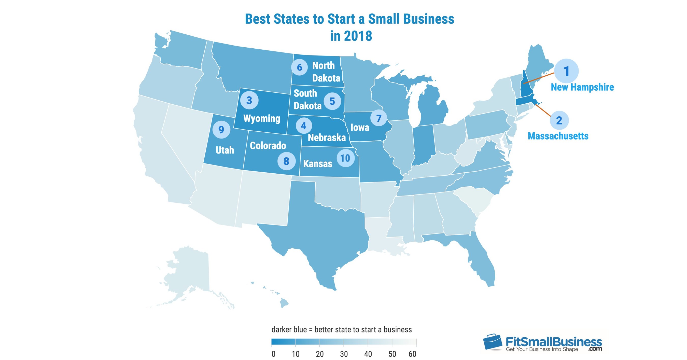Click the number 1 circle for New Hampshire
coord(566,71)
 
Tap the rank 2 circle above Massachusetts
coord(559,120)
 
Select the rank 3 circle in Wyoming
coord(249,100)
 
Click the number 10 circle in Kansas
coord(345,158)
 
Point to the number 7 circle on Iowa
coord(378,118)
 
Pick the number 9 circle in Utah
coord(221,130)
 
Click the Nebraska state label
coord(326,137)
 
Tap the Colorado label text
coord(268,146)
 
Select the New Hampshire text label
coord(582,87)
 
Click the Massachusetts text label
coord(558,136)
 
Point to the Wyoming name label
coord(262,118)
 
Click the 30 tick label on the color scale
coord(344,354)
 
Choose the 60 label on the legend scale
coord(412,354)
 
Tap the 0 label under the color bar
coord(273,354)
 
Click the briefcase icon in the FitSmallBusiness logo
coord(492,342)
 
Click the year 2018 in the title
coord(358,36)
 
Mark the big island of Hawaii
coord(284,303)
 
